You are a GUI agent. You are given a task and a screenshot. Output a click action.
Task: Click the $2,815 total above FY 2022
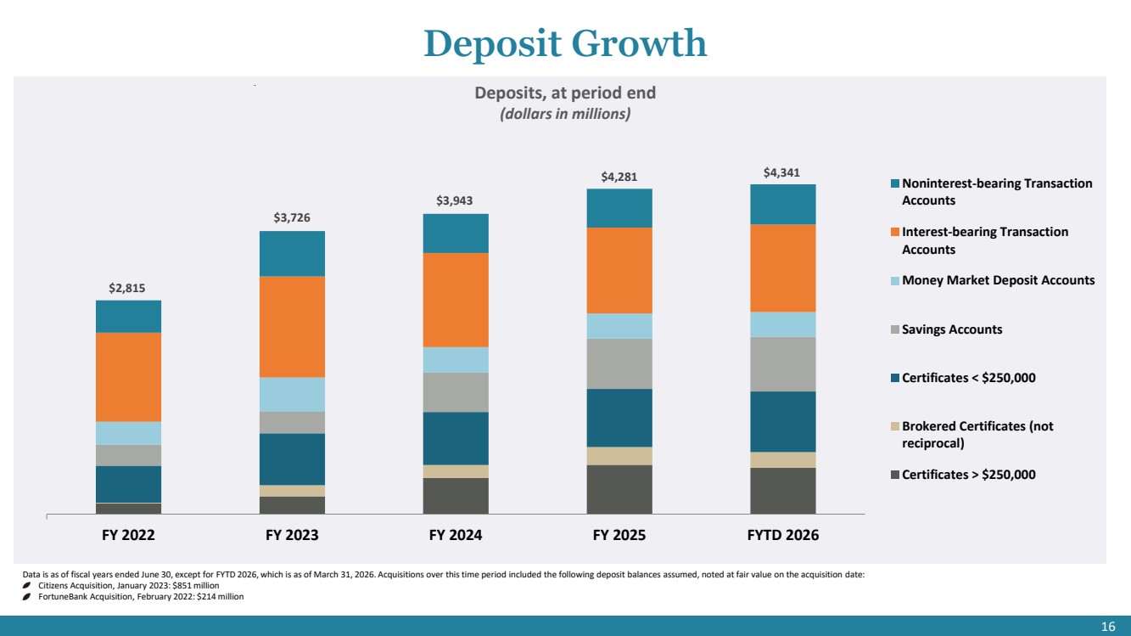click(x=126, y=288)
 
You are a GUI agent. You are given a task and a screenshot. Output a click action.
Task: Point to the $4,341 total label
click(x=781, y=172)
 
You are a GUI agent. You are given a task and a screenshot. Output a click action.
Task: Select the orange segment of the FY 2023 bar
click(x=293, y=326)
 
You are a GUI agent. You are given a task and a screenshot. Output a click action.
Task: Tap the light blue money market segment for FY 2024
click(x=456, y=360)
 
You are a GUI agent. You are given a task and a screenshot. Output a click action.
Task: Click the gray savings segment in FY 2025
click(x=619, y=363)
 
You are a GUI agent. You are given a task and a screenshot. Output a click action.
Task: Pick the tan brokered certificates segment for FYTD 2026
click(x=783, y=459)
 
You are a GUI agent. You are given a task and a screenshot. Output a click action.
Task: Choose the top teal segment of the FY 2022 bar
click(x=129, y=316)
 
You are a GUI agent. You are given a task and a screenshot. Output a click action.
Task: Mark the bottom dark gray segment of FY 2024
click(x=456, y=496)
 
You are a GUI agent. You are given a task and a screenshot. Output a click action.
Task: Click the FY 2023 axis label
click(x=292, y=535)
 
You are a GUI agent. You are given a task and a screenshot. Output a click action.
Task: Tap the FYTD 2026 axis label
click(x=783, y=535)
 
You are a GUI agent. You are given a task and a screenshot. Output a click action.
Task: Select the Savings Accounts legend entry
click(x=947, y=329)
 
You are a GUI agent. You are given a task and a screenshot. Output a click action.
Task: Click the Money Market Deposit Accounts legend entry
click(x=993, y=280)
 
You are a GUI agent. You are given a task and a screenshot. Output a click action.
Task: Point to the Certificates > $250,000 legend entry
click(x=963, y=475)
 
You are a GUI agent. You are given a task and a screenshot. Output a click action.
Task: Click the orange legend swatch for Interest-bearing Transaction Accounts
click(x=895, y=232)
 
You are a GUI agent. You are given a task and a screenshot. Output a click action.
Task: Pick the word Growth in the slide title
click(x=639, y=44)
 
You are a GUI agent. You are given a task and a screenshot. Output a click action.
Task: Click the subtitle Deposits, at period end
click(x=565, y=93)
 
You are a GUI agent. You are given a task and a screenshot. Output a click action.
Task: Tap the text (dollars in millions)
click(x=565, y=114)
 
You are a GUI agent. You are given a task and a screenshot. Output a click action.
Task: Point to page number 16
click(x=1108, y=627)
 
